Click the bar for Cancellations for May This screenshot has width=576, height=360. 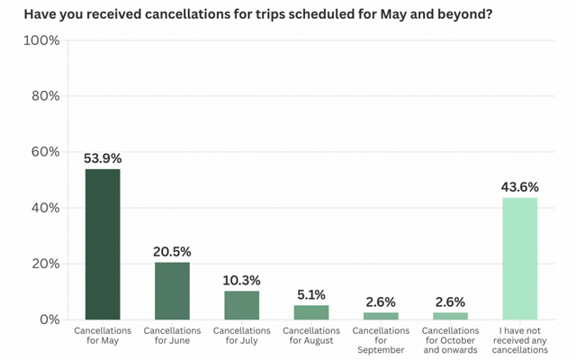click(x=103, y=244)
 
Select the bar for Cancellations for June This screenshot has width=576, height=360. click(x=172, y=291)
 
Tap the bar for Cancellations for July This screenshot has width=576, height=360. click(x=241, y=305)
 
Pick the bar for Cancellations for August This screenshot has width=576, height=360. click(x=311, y=312)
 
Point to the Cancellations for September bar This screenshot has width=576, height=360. click(x=381, y=316)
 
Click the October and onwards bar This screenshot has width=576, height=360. click(x=450, y=316)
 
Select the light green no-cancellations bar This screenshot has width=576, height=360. click(x=519, y=258)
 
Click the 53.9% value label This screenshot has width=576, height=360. click(x=103, y=159)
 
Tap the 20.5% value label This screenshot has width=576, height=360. click(x=172, y=252)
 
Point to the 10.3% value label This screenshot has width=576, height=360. click(x=241, y=281)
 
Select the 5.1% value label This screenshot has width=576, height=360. click(x=311, y=295)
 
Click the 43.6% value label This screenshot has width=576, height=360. click(x=519, y=187)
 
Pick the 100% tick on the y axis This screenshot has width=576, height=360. click(x=42, y=41)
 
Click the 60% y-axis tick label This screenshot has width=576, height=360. click(x=45, y=152)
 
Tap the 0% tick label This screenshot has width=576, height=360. click(x=49, y=319)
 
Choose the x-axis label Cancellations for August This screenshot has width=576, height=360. click(x=311, y=336)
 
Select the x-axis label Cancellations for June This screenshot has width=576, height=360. click(x=172, y=336)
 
